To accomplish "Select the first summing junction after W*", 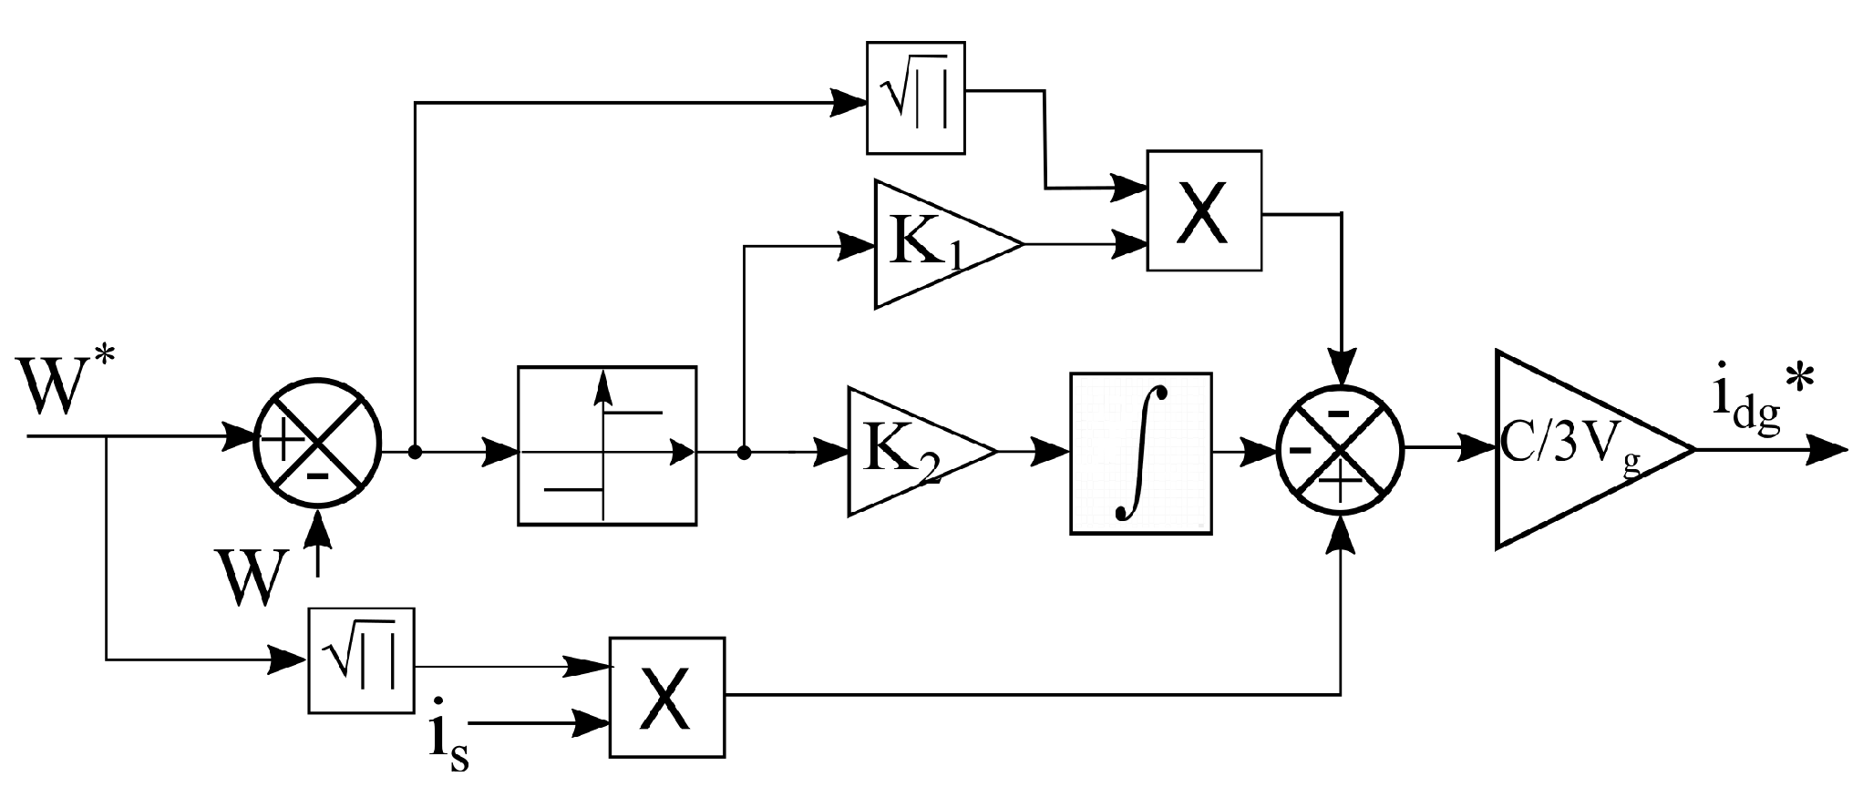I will click(x=316, y=450).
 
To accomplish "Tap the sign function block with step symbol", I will click(x=606, y=445).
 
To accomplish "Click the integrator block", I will click(x=1140, y=453).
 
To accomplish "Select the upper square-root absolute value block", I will click(x=915, y=97).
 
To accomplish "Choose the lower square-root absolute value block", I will click(x=361, y=660).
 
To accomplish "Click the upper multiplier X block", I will click(x=1203, y=211).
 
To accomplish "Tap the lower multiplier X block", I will click(x=667, y=697).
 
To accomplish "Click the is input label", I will click(x=448, y=742).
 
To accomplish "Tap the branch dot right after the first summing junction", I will click(x=415, y=451).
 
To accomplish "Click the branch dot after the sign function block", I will click(x=744, y=451).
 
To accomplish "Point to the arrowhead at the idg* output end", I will click(x=1827, y=450).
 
